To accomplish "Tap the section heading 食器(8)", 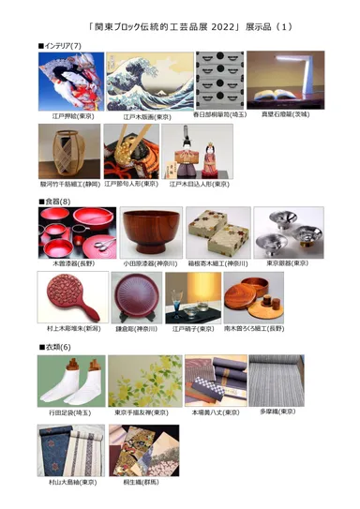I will [54, 202].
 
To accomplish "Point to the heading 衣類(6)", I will [54, 349].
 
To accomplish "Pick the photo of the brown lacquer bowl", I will [151, 233].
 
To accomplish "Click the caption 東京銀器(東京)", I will [286, 263].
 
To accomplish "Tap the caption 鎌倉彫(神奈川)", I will [133, 330].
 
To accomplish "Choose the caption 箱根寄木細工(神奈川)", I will [217, 263].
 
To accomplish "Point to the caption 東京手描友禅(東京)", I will [142, 413].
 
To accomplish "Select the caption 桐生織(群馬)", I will [144, 483].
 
